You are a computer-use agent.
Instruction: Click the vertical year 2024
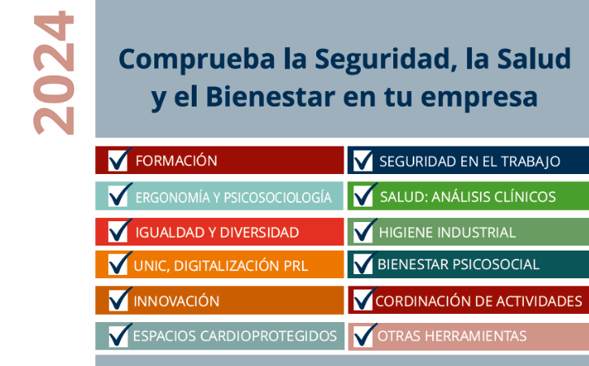54,72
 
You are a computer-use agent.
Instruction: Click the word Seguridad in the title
386,59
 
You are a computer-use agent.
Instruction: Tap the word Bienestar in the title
271,97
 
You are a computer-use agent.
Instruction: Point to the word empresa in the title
479,99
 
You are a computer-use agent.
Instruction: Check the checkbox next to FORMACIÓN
118,160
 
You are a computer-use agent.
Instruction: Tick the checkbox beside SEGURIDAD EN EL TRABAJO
363,160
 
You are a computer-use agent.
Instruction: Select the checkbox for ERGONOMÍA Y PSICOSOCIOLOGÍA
118,196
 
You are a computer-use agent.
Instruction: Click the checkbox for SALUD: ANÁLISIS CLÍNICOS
363,196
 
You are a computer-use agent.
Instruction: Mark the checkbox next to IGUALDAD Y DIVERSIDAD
118,232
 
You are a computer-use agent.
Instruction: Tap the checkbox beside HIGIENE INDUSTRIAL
363,232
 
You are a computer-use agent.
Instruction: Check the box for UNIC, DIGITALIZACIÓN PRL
118,264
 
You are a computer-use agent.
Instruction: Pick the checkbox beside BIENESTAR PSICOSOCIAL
363,264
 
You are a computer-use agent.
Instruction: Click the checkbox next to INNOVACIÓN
119,300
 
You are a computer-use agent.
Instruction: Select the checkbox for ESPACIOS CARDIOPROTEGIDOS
119,336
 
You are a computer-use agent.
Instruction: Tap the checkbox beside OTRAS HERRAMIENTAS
363,336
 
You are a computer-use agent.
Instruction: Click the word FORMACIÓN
176,160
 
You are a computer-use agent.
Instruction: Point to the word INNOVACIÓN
176,301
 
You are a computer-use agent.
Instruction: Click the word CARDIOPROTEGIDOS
268,336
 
